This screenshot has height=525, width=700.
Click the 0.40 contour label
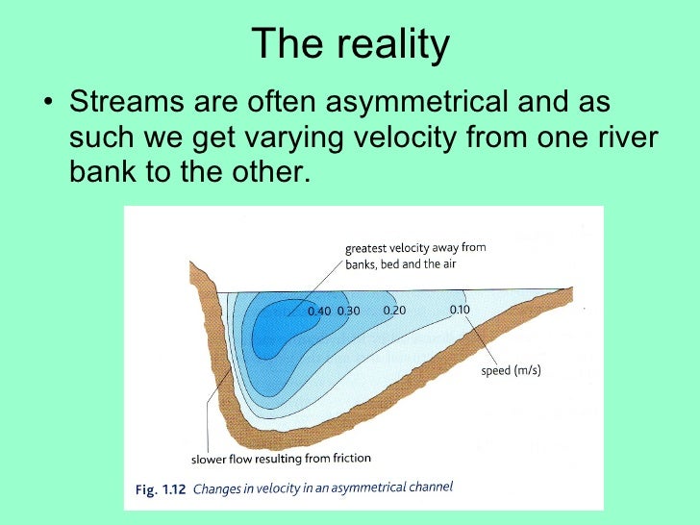[x=319, y=312]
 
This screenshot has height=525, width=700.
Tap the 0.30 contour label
[x=348, y=312]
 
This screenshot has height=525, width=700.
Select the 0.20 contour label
[x=394, y=311]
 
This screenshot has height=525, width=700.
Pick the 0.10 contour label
[x=460, y=310]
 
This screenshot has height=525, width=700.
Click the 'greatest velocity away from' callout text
[x=415, y=248]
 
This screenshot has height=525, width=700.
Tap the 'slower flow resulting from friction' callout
[x=281, y=458]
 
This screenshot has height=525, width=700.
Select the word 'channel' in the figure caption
[x=428, y=487]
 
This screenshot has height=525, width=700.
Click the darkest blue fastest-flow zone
[x=279, y=327]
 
